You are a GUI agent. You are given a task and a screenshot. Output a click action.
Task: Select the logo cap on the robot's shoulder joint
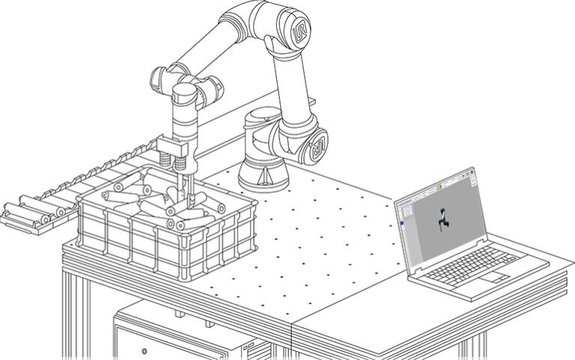[317, 146]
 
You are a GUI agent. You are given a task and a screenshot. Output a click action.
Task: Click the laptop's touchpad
[493, 276]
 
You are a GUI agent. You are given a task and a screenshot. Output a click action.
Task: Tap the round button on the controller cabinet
[144, 350]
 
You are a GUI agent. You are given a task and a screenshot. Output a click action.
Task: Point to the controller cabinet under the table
[187, 337]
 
